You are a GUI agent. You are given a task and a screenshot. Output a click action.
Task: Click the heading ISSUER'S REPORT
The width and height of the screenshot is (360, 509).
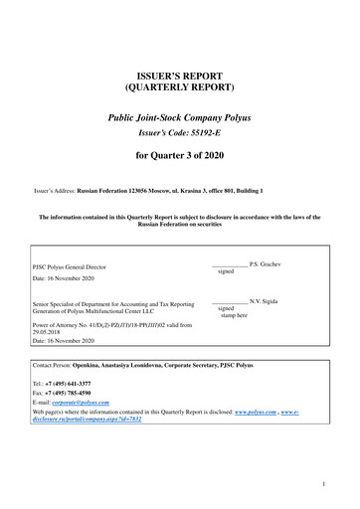[x=179, y=77]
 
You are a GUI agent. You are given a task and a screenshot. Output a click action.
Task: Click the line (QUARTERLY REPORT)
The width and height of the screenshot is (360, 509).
[x=179, y=89]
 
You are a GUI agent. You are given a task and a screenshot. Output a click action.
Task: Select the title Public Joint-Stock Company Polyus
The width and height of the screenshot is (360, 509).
[x=179, y=117]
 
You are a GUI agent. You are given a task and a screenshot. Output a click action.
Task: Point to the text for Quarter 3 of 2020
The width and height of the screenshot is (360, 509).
[x=179, y=156]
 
